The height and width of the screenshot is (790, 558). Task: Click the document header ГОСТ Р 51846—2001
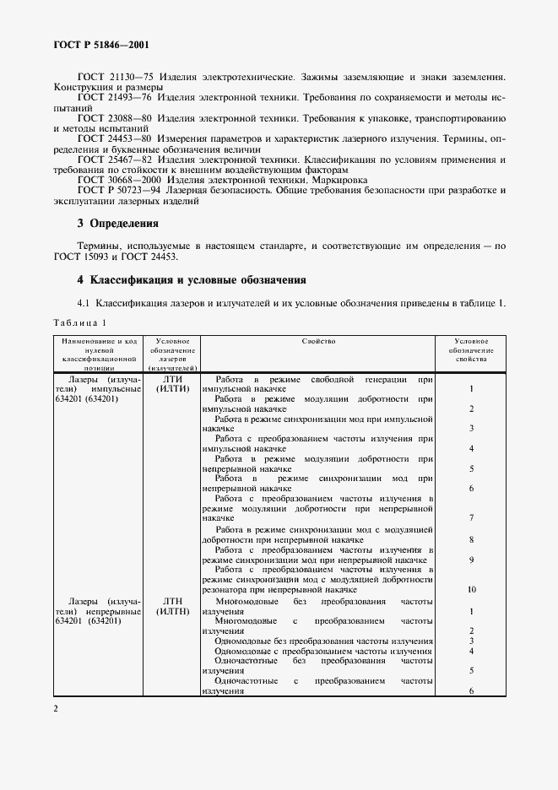pos(93,43)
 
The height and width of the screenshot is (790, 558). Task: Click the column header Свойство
pos(318,341)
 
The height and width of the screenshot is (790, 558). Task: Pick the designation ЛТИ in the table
pos(172,379)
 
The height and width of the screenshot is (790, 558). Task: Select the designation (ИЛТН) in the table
pos(172,611)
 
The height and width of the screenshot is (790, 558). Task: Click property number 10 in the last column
pos(470,589)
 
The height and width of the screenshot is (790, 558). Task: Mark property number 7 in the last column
pos(470,517)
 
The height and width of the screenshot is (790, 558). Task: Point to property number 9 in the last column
pos(470,560)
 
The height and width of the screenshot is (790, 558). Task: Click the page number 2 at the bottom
pos(56,709)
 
